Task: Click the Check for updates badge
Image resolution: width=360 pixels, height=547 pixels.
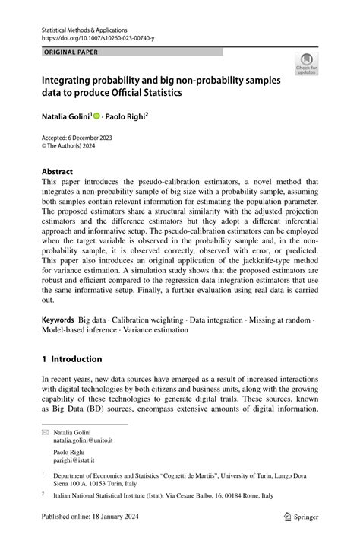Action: point(306,63)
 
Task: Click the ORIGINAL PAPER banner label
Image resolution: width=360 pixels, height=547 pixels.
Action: point(71,52)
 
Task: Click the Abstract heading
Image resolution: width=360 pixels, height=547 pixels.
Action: point(57,172)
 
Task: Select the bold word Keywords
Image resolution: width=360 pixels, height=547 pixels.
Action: point(58,321)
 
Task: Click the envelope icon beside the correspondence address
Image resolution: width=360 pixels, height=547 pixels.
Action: point(46,431)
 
